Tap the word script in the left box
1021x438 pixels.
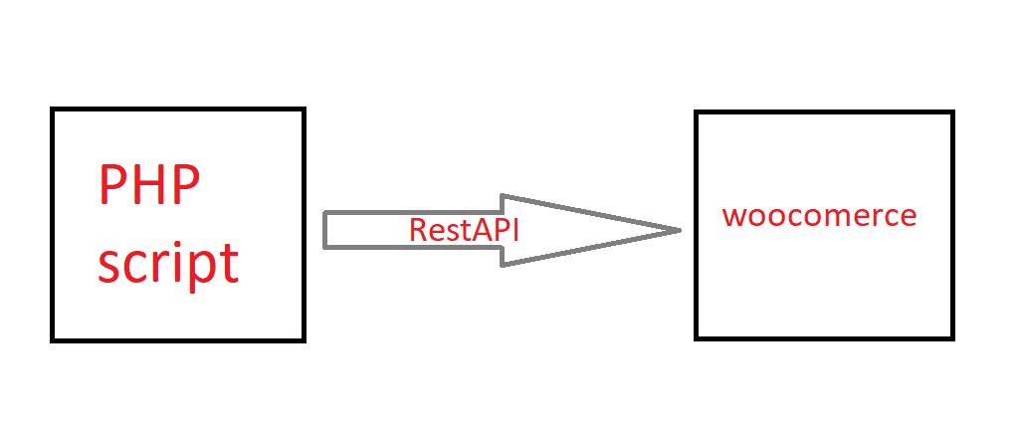click(168, 262)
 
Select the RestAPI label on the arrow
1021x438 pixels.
click(464, 229)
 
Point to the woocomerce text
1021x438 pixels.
click(819, 215)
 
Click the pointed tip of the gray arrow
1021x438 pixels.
click(679, 231)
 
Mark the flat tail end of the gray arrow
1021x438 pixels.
click(325, 230)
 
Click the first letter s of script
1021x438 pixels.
click(108, 265)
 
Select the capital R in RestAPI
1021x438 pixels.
click(417, 229)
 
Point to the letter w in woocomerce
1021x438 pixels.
click(733, 216)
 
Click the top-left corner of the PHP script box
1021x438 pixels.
click(53, 110)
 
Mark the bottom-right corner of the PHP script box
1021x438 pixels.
click(303, 340)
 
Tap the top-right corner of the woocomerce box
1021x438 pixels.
click(952, 112)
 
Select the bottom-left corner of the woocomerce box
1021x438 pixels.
click(697, 337)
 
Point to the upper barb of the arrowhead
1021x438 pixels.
click(503, 196)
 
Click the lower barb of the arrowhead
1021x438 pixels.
click(503, 264)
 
